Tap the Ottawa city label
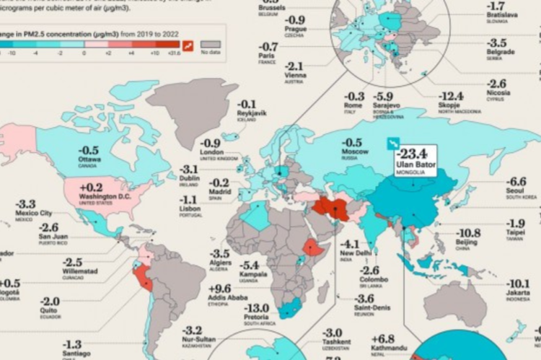coord(89,159)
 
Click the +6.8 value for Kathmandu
coord(383,339)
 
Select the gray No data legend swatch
coord(210,45)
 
